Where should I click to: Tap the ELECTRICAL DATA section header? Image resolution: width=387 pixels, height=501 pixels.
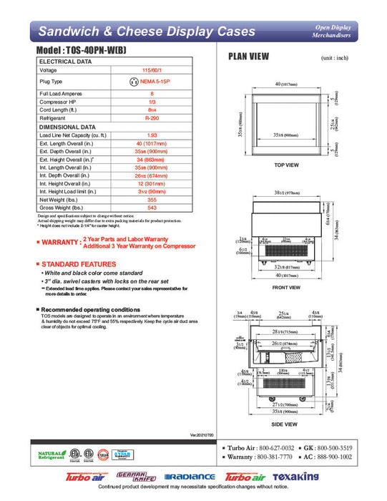tap(65, 62)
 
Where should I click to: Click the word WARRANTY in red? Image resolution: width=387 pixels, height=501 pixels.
tap(61, 243)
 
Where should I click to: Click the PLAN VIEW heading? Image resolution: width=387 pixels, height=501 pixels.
tap(248, 57)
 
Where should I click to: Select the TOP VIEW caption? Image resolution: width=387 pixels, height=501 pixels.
tap(286, 165)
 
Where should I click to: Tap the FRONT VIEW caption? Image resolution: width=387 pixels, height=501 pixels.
tap(286, 288)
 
